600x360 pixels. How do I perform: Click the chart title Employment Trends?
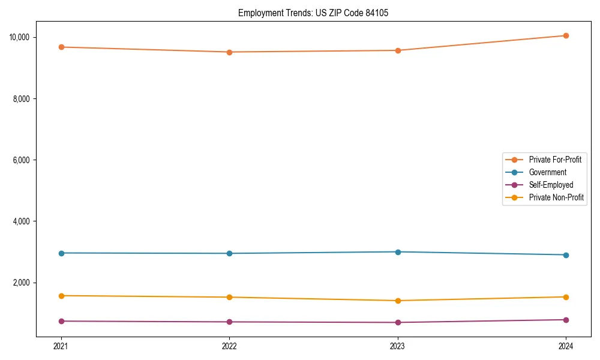(x=313, y=13)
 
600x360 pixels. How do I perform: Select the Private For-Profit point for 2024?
(x=566, y=35)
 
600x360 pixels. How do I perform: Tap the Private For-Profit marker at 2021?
(x=61, y=47)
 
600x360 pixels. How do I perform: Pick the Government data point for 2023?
(x=397, y=252)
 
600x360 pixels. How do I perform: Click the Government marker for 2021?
(x=61, y=253)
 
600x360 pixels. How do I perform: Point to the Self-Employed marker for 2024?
(x=566, y=320)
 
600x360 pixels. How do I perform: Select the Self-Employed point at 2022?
(x=229, y=322)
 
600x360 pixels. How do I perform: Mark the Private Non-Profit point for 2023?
(x=397, y=301)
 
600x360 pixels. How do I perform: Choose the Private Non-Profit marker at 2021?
(x=61, y=296)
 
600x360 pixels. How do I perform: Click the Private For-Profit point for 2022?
(x=229, y=52)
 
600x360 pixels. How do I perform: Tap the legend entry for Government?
(x=547, y=172)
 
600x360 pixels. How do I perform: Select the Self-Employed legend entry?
(x=551, y=185)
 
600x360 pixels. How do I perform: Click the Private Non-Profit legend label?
(x=556, y=197)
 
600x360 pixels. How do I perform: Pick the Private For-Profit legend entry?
(x=555, y=160)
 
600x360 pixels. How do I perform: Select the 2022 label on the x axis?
(x=229, y=346)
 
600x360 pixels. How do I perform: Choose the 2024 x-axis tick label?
(x=566, y=346)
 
